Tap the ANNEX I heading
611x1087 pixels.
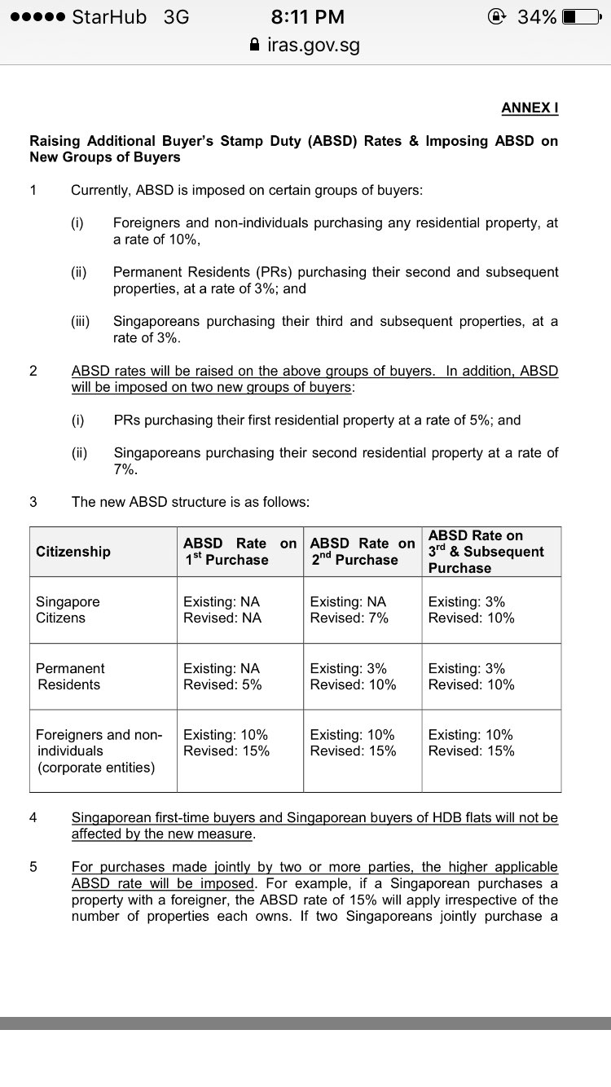click(530, 108)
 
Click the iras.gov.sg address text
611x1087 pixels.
click(314, 46)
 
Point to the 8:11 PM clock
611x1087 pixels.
click(305, 17)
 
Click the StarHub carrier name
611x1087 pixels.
click(110, 17)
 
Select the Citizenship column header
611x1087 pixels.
click(73, 552)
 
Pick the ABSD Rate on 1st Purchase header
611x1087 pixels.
click(240, 552)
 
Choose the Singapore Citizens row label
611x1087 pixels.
click(68, 610)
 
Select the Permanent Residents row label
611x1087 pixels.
click(70, 676)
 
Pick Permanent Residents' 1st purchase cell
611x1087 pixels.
click(222, 676)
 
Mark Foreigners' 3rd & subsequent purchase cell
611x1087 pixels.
click(471, 742)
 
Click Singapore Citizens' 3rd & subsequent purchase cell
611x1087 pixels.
click(471, 610)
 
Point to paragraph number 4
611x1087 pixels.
click(33, 817)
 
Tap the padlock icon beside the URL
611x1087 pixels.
click(256, 46)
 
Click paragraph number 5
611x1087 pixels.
click(33, 867)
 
